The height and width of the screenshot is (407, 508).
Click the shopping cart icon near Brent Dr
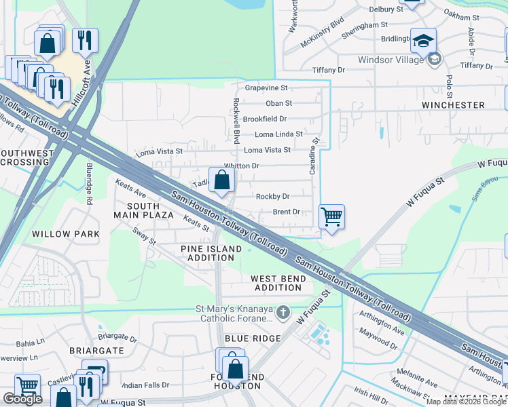(x=331, y=217)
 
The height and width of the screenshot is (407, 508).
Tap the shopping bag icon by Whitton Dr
(x=222, y=180)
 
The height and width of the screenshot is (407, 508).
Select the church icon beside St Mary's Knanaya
(x=283, y=313)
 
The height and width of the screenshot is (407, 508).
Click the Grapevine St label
(x=266, y=88)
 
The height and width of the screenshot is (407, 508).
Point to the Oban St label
(x=278, y=104)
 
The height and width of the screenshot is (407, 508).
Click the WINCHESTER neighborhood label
(x=453, y=105)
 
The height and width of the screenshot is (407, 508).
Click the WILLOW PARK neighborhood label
(x=65, y=234)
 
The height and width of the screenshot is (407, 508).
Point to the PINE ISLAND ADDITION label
(x=211, y=254)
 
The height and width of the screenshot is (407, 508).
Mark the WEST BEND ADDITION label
(x=276, y=283)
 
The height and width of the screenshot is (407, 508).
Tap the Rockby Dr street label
(x=272, y=197)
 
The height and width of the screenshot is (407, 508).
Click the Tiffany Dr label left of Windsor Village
(x=329, y=71)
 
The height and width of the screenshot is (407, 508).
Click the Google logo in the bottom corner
(x=22, y=399)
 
